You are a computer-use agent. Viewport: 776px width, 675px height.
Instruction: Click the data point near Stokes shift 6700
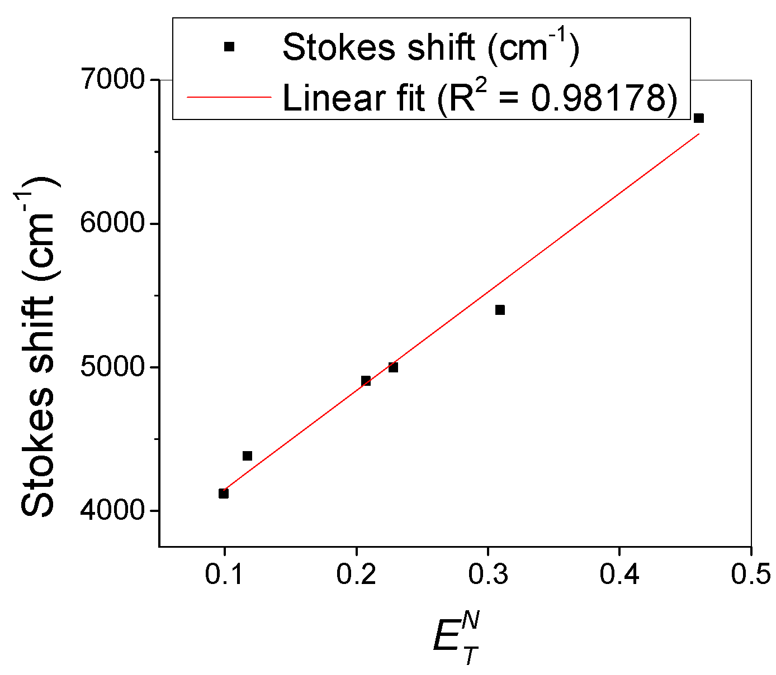[698, 118]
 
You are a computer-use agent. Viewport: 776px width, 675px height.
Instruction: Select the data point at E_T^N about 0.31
[500, 310]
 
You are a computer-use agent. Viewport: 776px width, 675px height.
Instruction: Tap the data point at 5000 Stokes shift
[393, 367]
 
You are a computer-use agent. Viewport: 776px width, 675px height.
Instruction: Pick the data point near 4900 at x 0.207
[366, 381]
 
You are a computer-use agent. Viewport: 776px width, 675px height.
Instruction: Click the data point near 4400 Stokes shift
[247, 456]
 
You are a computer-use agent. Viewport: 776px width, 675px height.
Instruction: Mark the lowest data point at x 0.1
[224, 493]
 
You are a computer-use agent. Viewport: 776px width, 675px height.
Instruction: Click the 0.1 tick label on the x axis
[224, 575]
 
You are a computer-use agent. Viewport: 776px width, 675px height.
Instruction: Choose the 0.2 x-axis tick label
[356, 575]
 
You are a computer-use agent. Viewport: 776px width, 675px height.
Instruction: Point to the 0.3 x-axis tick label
[488, 575]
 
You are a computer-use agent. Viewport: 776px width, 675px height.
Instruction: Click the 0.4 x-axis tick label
[619, 575]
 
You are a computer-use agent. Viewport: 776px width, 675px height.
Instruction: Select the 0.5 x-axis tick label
[751, 575]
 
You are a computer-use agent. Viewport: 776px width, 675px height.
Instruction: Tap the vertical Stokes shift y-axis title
[38, 346]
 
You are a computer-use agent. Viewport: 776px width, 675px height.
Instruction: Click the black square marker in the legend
[229, 47]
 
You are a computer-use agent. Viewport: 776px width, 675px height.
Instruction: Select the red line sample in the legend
[229, 97]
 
